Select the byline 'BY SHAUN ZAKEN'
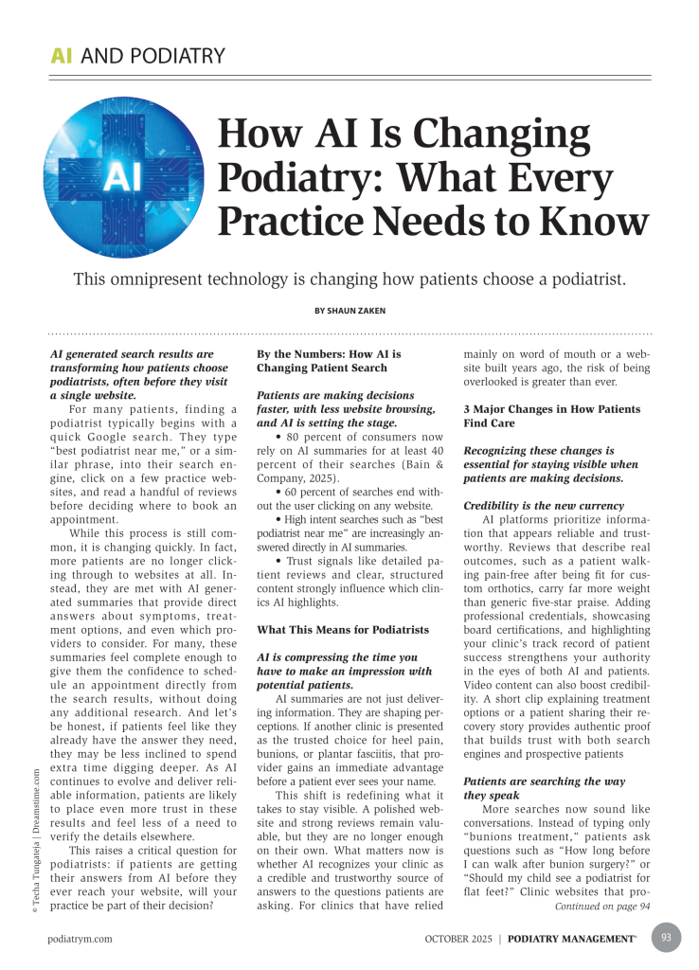(349, 310)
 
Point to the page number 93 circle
(665, 938)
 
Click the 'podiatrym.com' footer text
(81, 939)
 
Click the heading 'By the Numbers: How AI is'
(329, 354)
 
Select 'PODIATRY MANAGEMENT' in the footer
(571, 939)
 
